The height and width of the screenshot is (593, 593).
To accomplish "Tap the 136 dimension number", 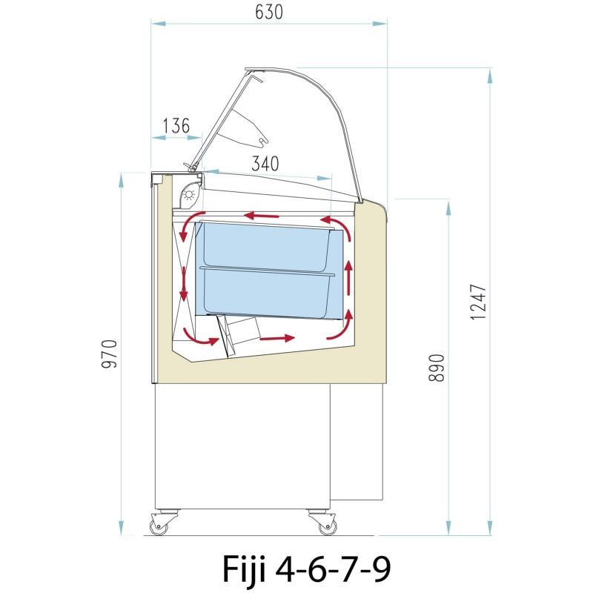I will click(x=176, y=125).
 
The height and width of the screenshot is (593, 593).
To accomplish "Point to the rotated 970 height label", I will click(x=110, y=354).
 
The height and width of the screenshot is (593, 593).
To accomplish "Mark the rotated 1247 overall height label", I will click(x=478, y=302).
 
